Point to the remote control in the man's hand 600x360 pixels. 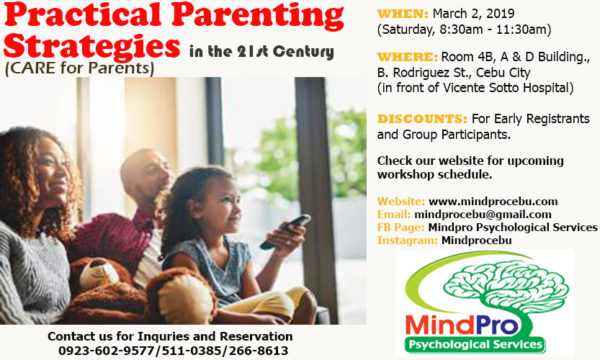pyautogui.click(x=284, y=231)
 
